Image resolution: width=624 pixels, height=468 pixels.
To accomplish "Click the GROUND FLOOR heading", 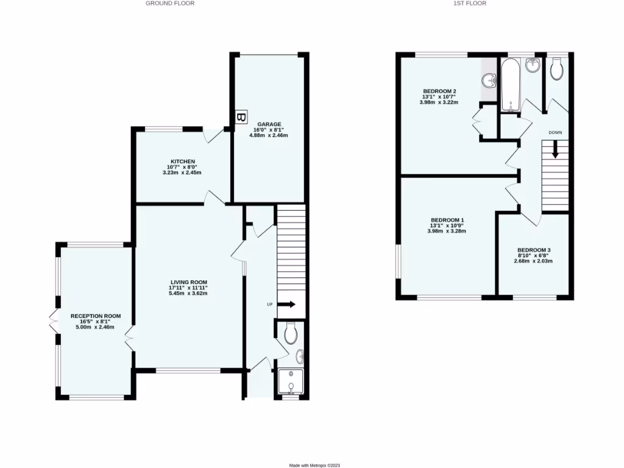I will point(170,3).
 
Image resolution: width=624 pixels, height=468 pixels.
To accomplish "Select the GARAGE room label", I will point(268,124).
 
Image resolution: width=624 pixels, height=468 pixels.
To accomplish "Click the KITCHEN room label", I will point(182,161).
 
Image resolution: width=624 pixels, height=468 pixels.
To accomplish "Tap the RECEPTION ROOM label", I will point(95,316).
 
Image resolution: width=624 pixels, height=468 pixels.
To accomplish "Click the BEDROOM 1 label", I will point(447,220).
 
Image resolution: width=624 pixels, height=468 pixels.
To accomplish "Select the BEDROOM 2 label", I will point(439,91).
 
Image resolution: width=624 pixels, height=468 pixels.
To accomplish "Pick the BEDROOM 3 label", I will point(534,250).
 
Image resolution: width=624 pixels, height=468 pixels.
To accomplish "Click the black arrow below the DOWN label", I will point(555,149).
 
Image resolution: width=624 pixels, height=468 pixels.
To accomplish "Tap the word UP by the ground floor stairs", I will point(269,304).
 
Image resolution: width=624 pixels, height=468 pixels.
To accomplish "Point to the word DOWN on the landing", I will point(555,132).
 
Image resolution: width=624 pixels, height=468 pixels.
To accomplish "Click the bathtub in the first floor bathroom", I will point(511,85).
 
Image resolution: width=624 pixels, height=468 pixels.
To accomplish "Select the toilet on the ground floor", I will point(291,333).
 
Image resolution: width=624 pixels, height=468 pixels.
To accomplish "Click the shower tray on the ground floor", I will point(290,383).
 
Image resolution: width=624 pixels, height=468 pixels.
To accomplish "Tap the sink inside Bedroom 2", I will point(489,80).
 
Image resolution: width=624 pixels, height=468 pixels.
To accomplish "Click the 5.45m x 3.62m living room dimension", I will point(189,294).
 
